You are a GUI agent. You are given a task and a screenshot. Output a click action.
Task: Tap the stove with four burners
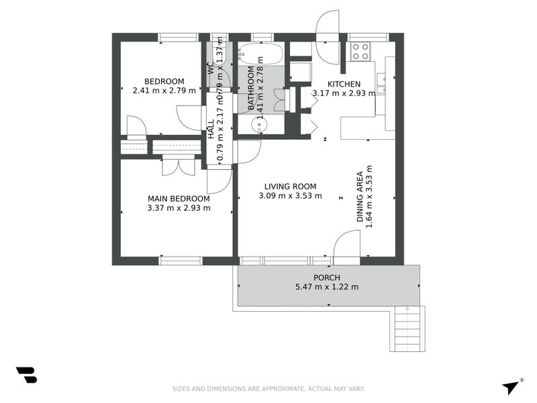tap(360, 51)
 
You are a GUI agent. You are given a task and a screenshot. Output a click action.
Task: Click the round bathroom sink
tap(260, 125)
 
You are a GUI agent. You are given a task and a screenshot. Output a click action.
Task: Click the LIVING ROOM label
tap(290, 187)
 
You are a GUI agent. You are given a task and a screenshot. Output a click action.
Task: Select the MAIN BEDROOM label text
tap(179, 199)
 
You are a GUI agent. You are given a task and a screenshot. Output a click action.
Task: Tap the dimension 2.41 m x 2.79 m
tap(164, 91)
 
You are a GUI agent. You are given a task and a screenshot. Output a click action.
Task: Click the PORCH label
tap(327, 277)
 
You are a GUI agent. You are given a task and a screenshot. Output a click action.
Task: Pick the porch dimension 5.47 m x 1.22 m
tap(327, 287)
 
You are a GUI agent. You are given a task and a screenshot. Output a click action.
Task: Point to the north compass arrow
tap(512, 386)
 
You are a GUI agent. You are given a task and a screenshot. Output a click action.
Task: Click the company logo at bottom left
tap(26, 375)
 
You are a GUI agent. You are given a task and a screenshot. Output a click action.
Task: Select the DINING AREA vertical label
tap(360, 196)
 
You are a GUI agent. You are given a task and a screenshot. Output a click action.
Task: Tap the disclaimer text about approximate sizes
tap(268, 389)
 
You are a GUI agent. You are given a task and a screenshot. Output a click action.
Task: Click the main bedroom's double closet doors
tap(179, 166)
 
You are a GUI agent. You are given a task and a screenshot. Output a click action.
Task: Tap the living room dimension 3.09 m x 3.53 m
tap(290, 196)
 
